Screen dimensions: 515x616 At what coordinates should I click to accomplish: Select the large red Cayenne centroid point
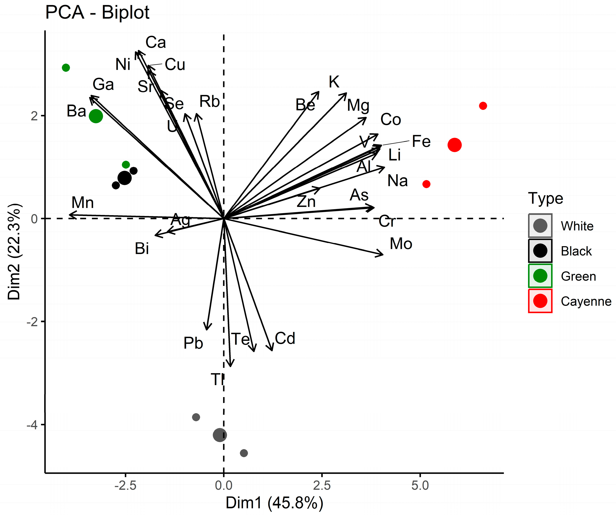[454, 145]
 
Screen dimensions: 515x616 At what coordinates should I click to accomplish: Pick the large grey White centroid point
[220, 435]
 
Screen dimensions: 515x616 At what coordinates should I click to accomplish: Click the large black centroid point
[124, 178]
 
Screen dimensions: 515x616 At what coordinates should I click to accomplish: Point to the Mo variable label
[401, 244]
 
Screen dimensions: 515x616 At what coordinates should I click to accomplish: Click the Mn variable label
[83, 202]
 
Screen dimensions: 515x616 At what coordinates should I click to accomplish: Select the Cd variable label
[285, 339]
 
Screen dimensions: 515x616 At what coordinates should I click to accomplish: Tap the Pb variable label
[193, 343]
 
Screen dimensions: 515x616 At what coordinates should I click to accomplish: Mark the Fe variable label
[421, 141]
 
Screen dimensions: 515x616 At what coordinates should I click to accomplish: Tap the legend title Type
[545, 198]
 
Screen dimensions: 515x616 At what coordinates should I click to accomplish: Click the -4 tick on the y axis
[32, 424]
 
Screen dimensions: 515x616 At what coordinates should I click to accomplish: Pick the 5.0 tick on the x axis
[420, 486]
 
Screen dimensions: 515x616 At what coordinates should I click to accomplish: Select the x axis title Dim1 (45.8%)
[274, 503]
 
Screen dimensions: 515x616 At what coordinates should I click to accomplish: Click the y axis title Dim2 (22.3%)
[14, 251]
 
